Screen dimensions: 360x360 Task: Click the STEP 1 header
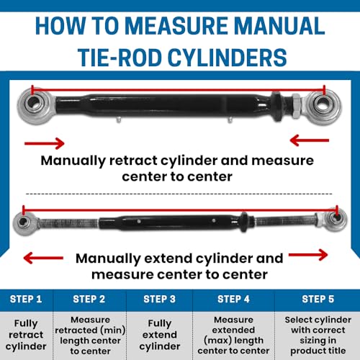(26, 299)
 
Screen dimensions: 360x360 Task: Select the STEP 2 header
(89, 299)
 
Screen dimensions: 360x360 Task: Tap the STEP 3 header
(159, 299)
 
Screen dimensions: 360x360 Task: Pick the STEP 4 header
(233, 299)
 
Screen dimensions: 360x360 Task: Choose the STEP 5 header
(318, 299)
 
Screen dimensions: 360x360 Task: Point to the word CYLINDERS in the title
(227, 58)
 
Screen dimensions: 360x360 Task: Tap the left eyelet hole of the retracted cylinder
(33, 103)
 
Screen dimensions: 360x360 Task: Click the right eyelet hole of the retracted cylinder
(323, 104)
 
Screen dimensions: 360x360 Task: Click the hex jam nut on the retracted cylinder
(297, 105)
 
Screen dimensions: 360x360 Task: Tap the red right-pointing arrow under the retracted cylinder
(45, 143)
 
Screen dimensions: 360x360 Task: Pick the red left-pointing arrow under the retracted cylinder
(310, 140)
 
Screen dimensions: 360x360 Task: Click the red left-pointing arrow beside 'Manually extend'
(43, 258)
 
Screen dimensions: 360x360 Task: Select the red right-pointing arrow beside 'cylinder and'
(308, 255)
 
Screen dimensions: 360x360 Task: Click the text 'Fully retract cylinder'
(26, 335)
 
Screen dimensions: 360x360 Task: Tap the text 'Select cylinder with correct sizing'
(318, 330)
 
